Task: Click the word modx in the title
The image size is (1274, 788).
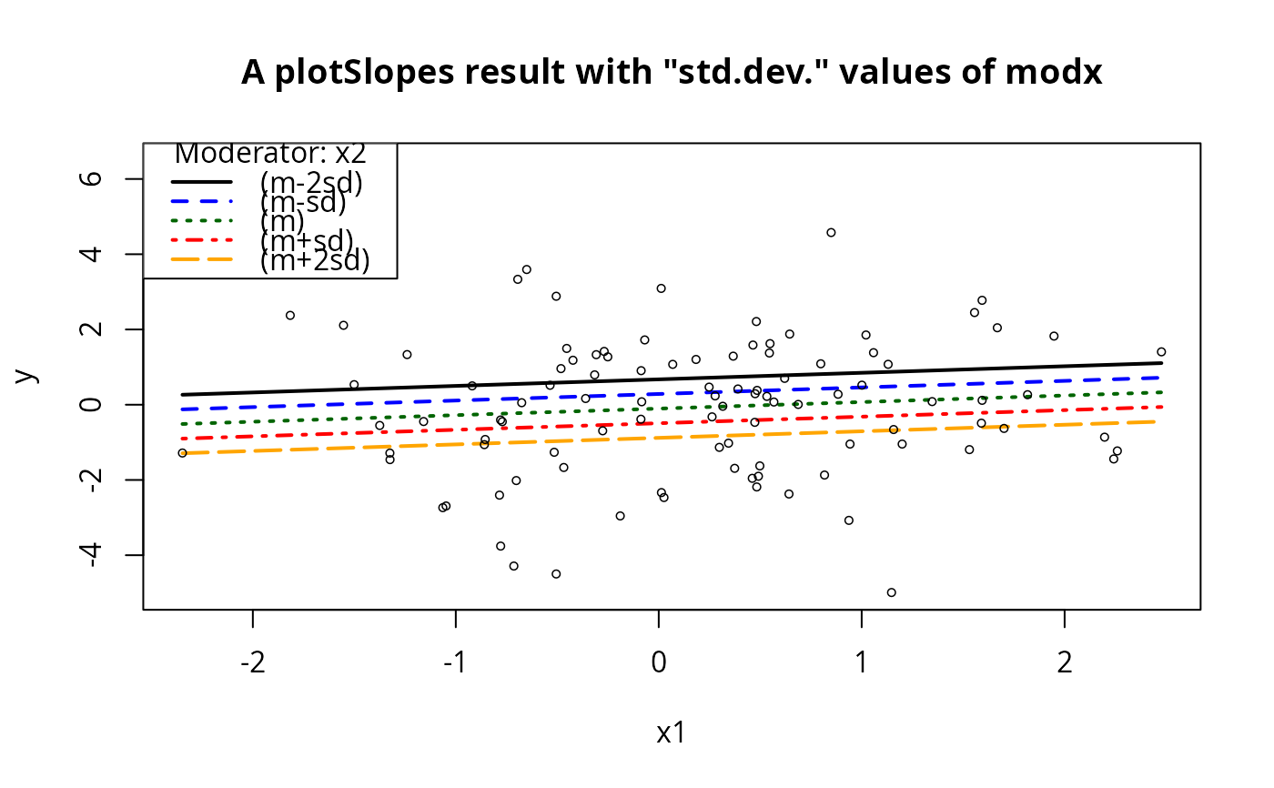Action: pos(1065,73)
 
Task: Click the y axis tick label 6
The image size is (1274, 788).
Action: pos(92,179)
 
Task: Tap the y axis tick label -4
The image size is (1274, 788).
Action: pos(92,555)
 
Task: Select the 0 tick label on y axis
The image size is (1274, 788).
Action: pos(92,405)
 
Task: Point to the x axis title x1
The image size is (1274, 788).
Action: pos(671,733)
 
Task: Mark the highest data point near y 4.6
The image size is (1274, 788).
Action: pos(831,232)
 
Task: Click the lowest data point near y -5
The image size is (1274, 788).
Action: pos(891,592)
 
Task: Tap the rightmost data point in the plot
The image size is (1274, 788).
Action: pos(1161,351)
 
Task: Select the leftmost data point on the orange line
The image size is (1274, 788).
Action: pos(182,452)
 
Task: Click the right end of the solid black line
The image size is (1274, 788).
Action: pos(1161,363)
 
